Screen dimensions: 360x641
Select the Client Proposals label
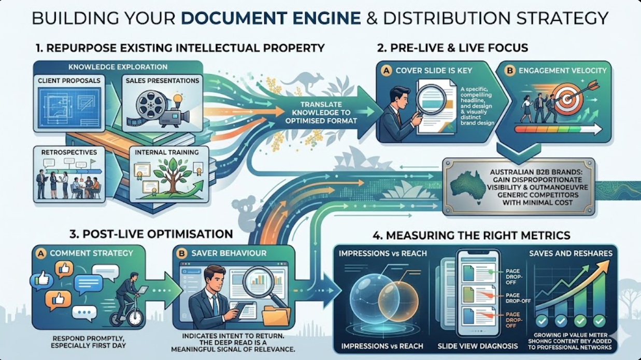[69, 81]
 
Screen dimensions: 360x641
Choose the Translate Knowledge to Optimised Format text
[318, 112]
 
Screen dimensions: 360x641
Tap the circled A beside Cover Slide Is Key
[386, 70]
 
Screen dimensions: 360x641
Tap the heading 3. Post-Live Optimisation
[151, 234]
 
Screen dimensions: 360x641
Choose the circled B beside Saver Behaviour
[181, 253]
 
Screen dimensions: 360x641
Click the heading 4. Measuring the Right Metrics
[472, 235]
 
